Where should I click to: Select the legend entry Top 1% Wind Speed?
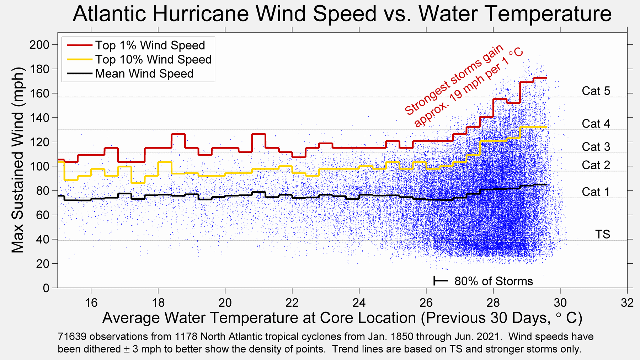pos(150,45)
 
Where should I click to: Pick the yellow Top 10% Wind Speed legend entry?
pos(153,59)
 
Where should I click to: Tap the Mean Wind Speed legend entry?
pos(144,74)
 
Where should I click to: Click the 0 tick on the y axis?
pos(46,288)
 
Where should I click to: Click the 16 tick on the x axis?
pos(91,303)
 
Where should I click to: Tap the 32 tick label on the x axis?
pos(627,303)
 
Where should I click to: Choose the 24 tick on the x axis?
pos(359,303)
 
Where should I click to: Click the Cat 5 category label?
pos(596,91)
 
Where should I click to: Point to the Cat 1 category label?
pos(596,192)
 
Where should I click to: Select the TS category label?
pos(603,234)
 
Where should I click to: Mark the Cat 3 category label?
pos(596,147)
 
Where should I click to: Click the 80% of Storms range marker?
pos(441,281)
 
